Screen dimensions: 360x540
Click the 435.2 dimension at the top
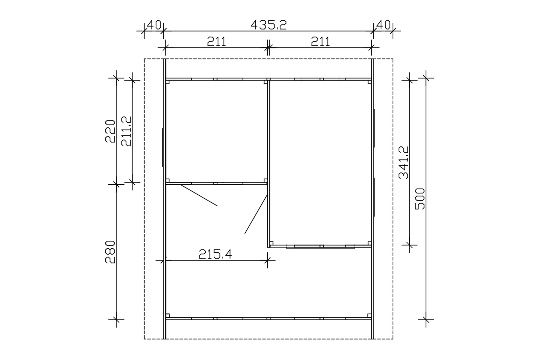268,25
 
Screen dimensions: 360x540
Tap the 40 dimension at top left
153,25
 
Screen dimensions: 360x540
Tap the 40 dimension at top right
383,25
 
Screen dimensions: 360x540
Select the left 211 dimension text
216,41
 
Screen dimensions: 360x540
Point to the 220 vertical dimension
110,131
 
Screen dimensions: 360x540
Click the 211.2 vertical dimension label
126,131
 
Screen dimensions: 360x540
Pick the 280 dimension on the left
110,252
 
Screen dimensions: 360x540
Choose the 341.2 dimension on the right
403,162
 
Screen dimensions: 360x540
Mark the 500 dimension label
420,199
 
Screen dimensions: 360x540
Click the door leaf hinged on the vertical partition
256,214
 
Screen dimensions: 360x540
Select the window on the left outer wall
162,147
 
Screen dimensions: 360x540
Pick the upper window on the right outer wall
374,129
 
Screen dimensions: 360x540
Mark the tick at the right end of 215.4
267,260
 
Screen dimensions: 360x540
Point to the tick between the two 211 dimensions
268,48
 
